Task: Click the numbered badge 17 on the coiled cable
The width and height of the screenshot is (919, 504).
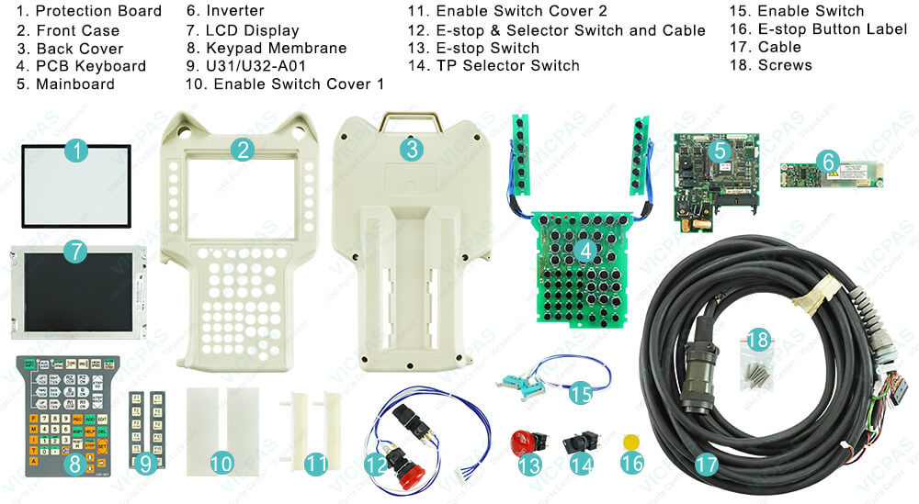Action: coord(706,465)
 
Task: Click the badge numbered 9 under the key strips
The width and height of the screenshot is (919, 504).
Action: coord(144,465)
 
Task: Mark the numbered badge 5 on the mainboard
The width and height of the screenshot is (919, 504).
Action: coord(721,149)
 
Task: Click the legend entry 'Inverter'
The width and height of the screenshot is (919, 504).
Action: coord(234,11)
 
